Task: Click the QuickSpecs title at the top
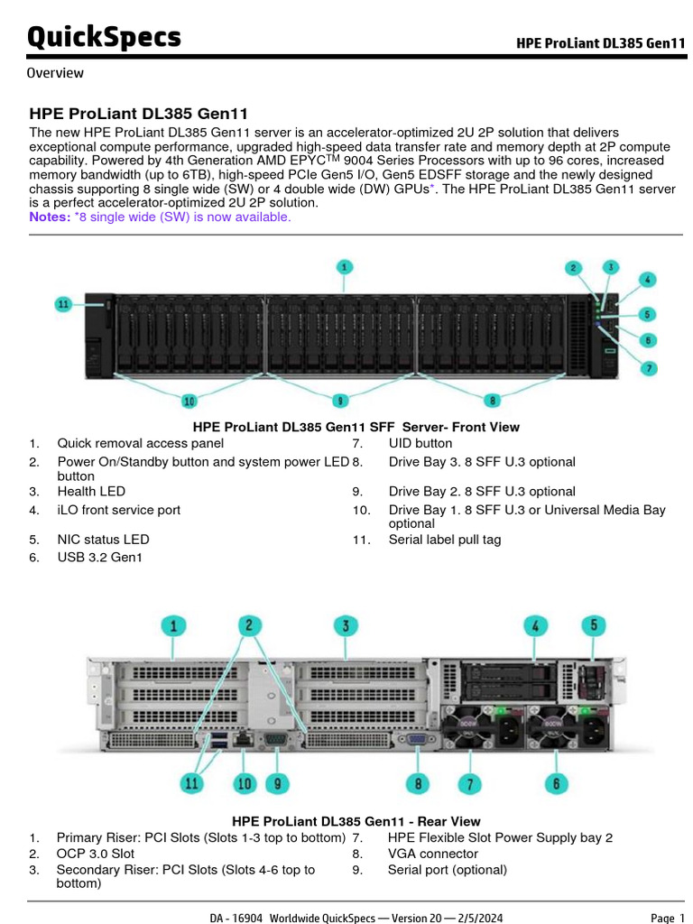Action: point(104,38)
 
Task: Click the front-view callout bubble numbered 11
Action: point(63,304)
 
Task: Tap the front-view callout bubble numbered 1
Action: point(345,266)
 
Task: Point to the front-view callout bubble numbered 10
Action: point(189,401)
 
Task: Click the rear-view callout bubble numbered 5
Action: point(593,624)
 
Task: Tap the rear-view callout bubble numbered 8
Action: point(418,783)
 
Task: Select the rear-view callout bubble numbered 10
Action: point(244,783)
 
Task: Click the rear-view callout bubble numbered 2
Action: point(250,624)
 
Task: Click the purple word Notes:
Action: point(50,217)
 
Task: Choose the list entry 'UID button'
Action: point(420,443)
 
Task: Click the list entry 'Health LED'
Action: point(91,491)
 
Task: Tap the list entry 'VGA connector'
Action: point(432,853)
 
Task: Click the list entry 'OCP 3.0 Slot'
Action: point(95,853)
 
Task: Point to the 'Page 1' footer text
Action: point(668,918)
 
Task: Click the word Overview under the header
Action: point(55,73)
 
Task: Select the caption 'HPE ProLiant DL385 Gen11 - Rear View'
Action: point(356,821)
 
